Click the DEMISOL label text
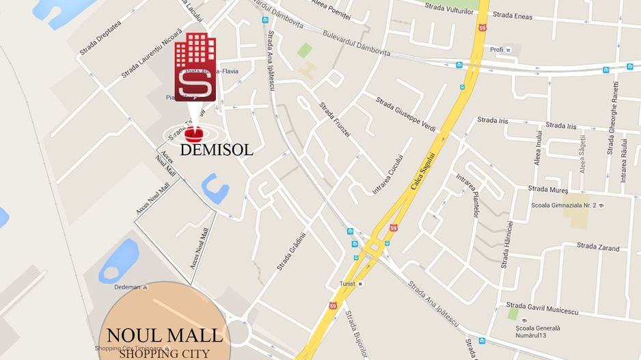(217, 150)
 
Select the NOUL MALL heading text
(164, 335)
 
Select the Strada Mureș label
(549, 189)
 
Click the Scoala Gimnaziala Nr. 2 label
(564, 205)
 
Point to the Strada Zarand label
(598, 247)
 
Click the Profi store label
(496, 49)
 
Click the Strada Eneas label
(512, 14)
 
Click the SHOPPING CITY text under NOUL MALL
(163, 353)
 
